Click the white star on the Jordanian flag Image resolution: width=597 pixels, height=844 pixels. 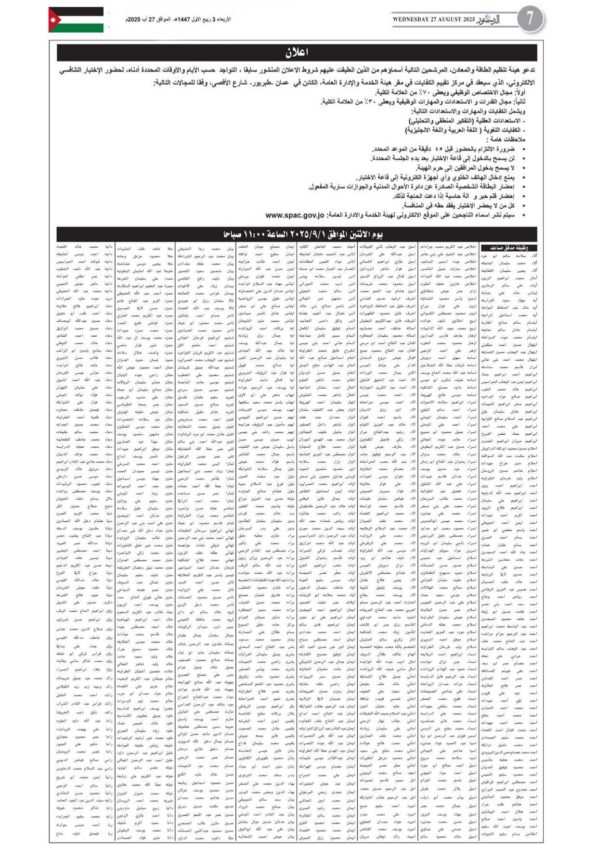coord(52,20)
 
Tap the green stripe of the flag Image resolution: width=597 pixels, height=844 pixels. coord(82,28)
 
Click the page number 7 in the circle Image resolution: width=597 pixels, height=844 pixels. coord(530,20)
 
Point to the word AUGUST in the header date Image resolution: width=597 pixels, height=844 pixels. coord(450,20)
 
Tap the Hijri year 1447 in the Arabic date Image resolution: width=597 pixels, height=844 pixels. coord(185,20)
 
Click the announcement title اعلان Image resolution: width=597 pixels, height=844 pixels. coord(297,52)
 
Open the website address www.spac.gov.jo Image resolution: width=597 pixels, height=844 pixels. coord(295,215)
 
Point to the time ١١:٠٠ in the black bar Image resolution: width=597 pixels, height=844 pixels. coord(261,235)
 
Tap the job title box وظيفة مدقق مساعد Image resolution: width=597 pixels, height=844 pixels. coord(508,248)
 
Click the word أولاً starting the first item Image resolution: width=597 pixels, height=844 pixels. coord(527,92)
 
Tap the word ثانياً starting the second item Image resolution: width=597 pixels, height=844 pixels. coord(527,102)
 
